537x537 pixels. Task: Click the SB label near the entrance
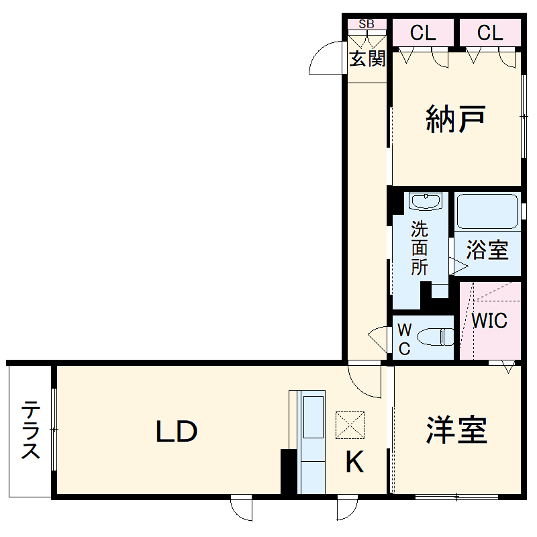point(367,24)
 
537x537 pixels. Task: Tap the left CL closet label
point(423,33)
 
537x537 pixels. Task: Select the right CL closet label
point(490,33)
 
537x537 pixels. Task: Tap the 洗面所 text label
point(420,248)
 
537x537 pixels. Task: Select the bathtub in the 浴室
point(487,213)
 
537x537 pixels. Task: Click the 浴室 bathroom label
point(487,250)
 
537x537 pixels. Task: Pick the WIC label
point(489,320)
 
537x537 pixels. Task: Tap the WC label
point(405,339)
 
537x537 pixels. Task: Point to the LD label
point(177,432)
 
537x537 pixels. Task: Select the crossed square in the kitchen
point(350,425)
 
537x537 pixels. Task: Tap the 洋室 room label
point(456,430)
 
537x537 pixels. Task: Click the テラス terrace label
point(30,430)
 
